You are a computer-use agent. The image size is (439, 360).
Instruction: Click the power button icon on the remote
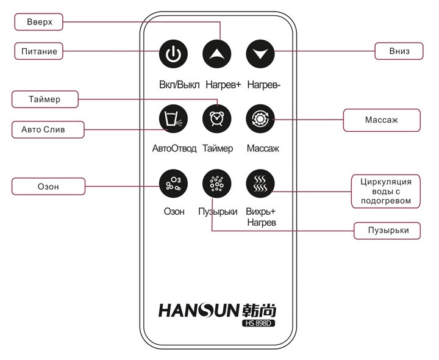tap(173, 54)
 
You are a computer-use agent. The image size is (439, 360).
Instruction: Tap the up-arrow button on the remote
tap(216, 54)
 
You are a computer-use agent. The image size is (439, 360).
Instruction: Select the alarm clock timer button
tap(216, 118)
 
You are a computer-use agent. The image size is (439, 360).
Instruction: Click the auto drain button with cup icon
tap(173, 118)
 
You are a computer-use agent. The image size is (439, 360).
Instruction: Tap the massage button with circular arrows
tap(260, 118)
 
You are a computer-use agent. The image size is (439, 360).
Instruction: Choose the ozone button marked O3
tap(173, 183)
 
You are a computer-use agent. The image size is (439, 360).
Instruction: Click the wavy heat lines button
tap(260, 183)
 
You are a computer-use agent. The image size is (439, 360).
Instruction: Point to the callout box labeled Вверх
tap(40, 22)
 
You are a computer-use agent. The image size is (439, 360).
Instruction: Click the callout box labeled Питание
tap(40, 51)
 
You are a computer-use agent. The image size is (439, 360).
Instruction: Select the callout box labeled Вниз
tap(399, 51)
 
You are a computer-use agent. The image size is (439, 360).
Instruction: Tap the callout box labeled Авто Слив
tap(48, 130)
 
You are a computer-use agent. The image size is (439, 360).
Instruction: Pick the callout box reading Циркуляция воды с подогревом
tap(387, 191)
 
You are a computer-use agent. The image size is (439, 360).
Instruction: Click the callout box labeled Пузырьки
tap(387, 230)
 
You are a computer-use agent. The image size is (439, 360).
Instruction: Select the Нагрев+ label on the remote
tap(223, 84)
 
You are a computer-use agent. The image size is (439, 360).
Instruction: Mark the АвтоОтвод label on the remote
tap(174, 148)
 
